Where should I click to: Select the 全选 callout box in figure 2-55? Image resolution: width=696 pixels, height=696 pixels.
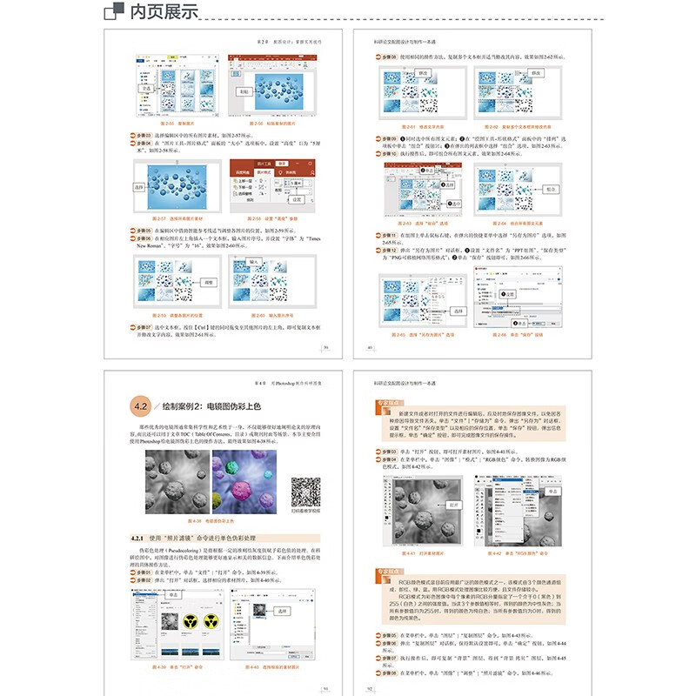(147, 87)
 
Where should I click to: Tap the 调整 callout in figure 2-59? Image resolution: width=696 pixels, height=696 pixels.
(208, 282)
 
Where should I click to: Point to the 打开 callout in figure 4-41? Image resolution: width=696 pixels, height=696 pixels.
(452, 504)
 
